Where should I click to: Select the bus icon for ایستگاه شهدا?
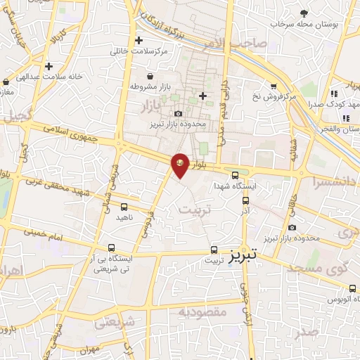coord(235,176)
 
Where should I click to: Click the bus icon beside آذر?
coord(245,200)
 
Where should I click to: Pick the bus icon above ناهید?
coord(124,207)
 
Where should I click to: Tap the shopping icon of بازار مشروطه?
coord(149,76)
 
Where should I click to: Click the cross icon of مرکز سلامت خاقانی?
coord(139,40)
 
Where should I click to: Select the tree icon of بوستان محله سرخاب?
coord(304,13)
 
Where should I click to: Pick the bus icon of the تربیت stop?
coord(214,249)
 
